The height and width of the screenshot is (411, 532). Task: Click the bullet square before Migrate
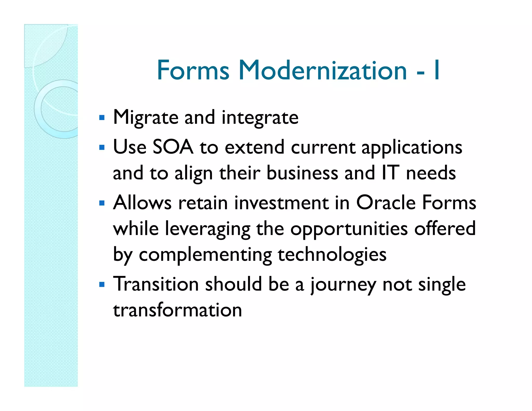102,118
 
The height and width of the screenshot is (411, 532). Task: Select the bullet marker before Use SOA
102,148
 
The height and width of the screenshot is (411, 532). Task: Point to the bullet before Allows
102,203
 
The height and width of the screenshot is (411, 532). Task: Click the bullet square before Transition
102,284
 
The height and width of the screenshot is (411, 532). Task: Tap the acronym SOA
173,147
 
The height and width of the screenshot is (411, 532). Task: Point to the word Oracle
385,202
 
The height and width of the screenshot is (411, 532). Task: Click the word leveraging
208,229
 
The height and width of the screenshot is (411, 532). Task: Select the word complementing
205,255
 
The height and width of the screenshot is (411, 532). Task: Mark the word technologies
332,255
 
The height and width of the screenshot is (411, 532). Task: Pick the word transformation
177,310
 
